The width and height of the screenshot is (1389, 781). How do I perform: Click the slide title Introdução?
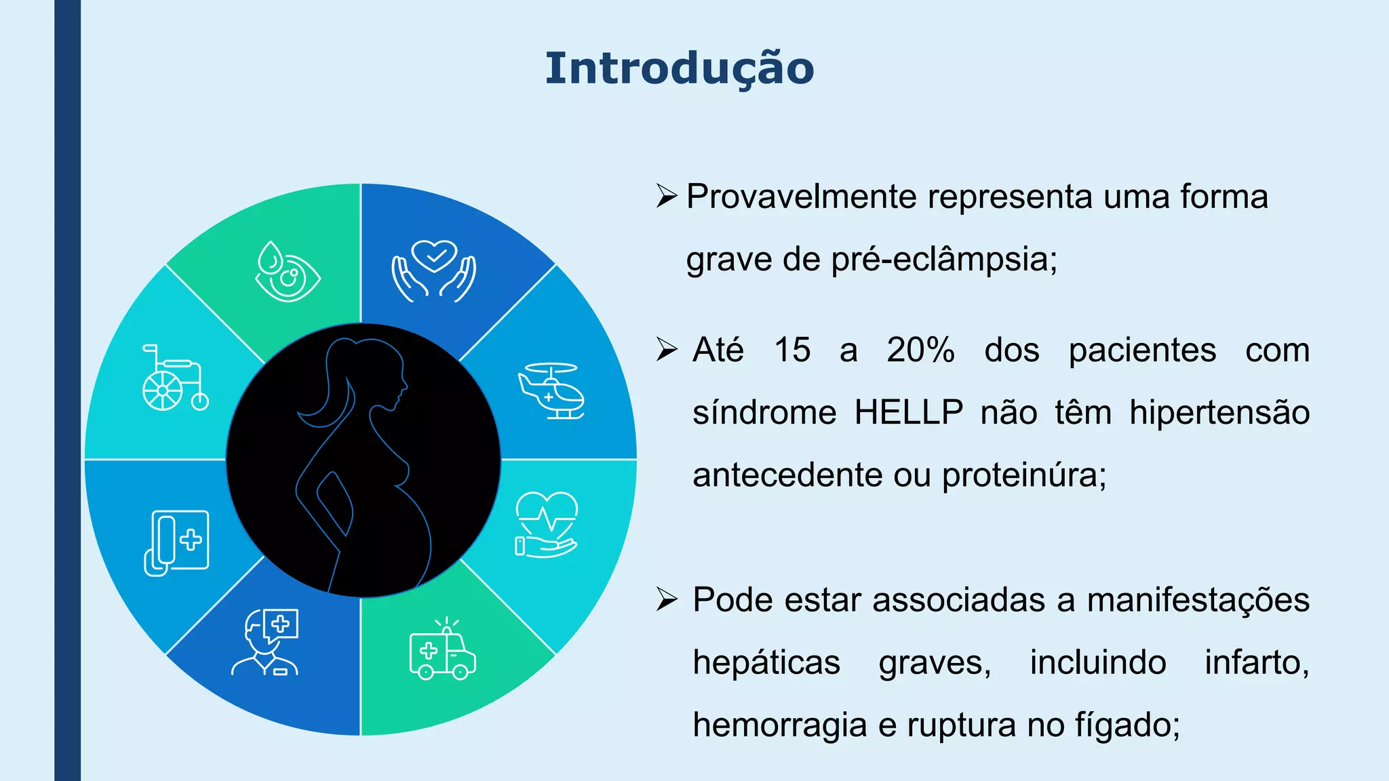680,68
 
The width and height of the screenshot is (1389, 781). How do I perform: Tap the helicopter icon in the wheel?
551,391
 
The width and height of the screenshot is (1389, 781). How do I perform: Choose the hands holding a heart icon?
434,271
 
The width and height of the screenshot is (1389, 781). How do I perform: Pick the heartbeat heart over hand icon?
546,524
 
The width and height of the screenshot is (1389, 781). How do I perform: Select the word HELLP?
908,412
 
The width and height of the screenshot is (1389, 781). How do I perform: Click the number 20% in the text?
920,350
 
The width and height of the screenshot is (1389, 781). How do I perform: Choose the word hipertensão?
1219,412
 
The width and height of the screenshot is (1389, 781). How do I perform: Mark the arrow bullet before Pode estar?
667,599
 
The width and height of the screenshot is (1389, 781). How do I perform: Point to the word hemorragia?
780,725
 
